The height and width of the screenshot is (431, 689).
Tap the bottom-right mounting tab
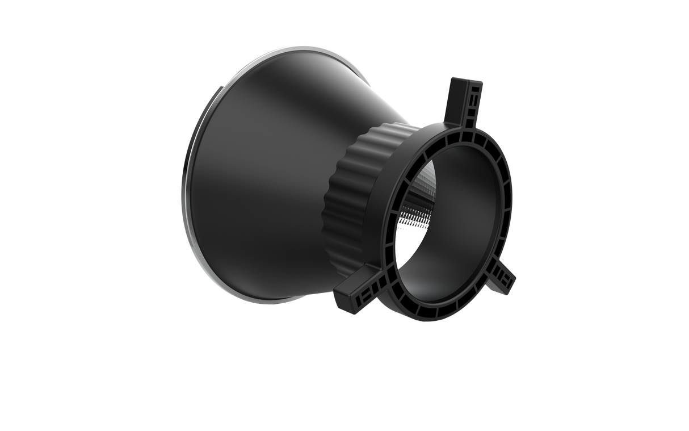[x=503, y=279]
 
